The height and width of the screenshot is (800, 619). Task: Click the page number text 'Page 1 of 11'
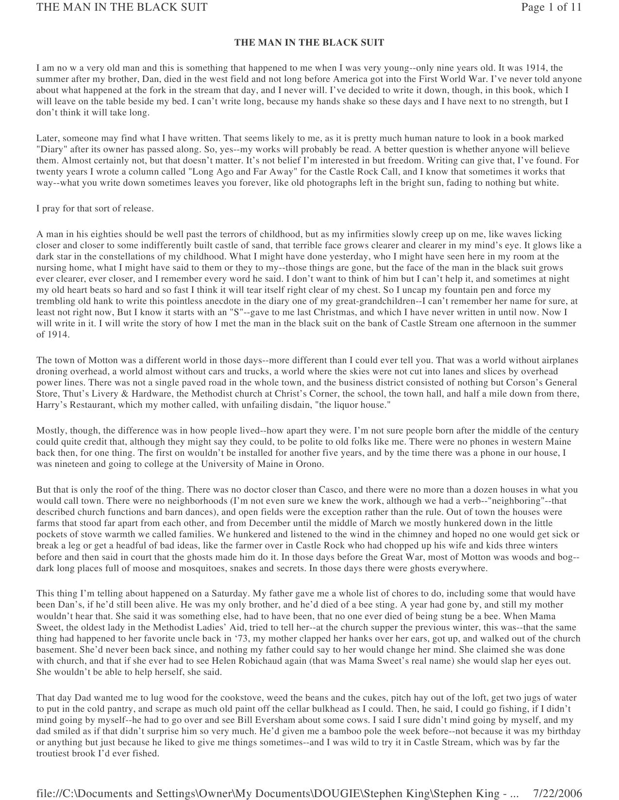click(551, 7)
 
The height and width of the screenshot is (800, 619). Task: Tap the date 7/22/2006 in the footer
click(557, 793)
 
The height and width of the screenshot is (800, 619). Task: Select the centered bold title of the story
click(309, 43)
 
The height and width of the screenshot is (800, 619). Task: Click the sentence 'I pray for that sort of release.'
click(95, 208)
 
